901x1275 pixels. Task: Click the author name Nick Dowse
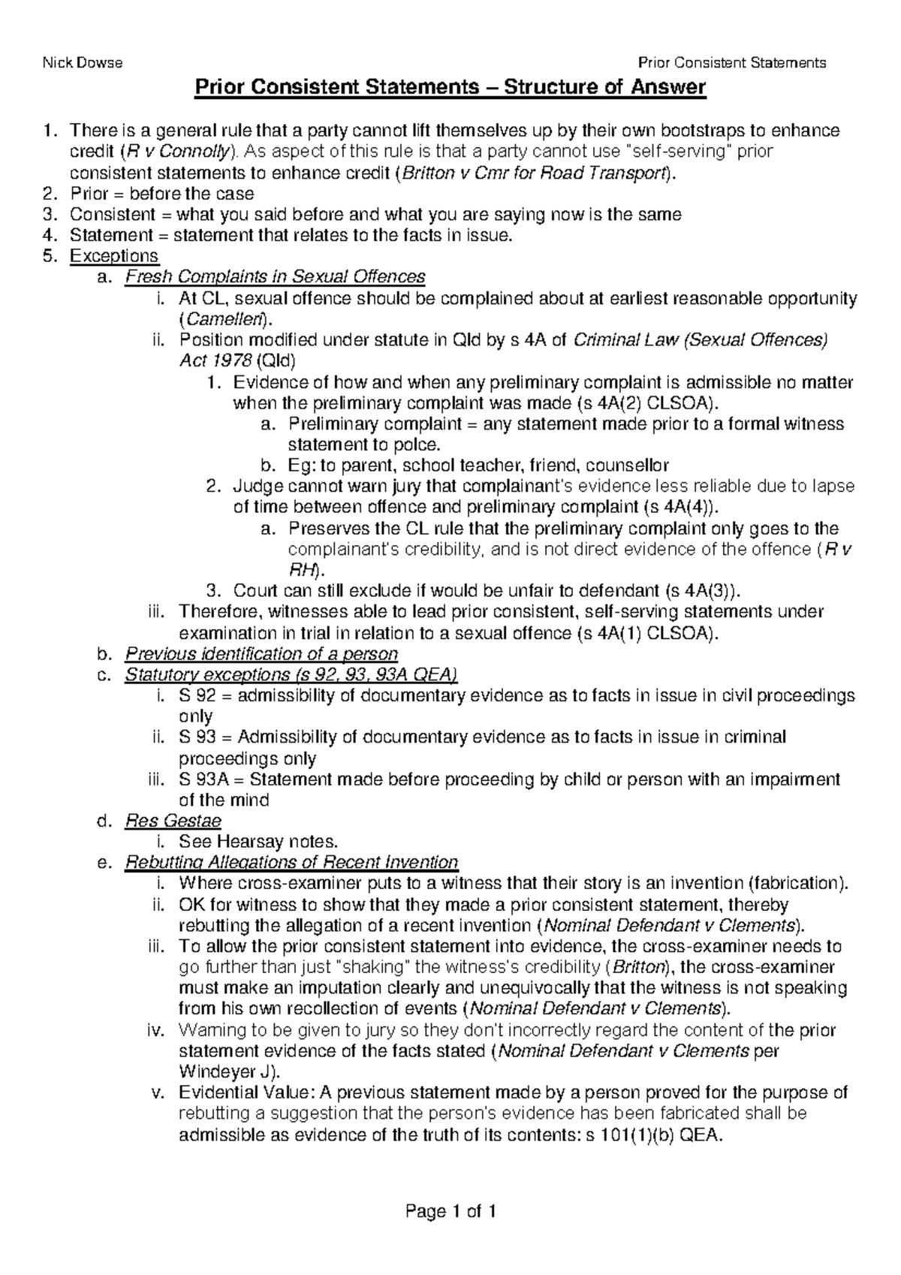click(82, 63)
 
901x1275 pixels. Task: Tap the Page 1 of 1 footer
click(450, 1211)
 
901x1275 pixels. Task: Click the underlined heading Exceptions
click(114, 256)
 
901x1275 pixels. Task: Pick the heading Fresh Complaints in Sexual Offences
click(275, 277)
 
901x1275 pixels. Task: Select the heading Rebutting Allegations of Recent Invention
click(291, 863)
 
